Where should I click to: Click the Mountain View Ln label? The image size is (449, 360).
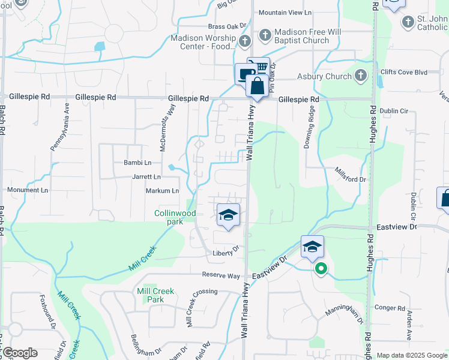286,13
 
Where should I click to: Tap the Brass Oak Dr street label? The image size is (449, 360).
228,26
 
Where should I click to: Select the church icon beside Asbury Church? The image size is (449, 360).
360,76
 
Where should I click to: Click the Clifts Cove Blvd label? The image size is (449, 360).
403,72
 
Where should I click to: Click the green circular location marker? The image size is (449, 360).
321,269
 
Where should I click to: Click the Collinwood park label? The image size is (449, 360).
175,217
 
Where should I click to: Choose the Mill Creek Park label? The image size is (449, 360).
155,295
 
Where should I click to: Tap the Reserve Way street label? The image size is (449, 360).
221,275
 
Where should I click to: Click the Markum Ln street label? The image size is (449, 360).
162,191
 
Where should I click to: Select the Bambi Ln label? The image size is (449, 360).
137,163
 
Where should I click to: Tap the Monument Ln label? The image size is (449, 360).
27,190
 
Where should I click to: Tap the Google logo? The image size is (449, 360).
20,353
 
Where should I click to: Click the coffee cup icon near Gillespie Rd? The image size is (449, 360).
244,74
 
